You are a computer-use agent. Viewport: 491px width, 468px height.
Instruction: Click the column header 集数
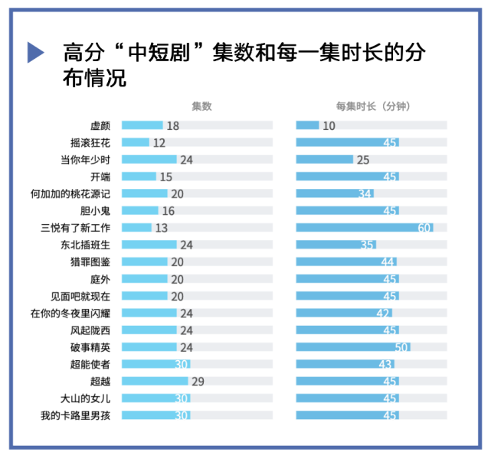[201, 106]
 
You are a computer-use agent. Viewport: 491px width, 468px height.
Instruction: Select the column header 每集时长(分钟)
[373, 106]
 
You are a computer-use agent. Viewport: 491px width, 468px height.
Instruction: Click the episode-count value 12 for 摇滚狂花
[159, 143]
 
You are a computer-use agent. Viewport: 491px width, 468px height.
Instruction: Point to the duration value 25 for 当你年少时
[363, 160]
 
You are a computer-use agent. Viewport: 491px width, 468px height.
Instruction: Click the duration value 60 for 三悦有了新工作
[425, 228]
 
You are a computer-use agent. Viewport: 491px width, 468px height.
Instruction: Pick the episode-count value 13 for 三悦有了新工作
[161, 228]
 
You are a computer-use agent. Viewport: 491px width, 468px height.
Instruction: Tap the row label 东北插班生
[86, 245]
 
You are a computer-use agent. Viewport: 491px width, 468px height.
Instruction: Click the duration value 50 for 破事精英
[402, 347]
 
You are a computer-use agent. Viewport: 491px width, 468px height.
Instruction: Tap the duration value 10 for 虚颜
[329, 125]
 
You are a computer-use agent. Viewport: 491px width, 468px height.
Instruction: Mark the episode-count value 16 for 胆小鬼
[169, 211]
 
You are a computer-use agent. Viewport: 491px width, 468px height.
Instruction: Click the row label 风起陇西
[90, 330]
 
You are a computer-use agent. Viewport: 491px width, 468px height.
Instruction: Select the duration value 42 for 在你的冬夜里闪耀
[383, 313]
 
